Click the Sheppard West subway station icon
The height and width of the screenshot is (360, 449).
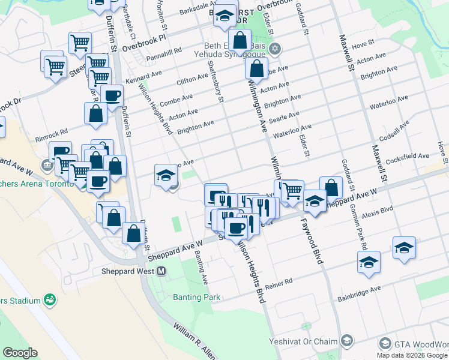[161, 271]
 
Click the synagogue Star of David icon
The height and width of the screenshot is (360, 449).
[276, 49]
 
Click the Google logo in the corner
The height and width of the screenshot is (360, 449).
[20, 353]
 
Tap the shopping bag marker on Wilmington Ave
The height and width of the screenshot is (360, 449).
[256, 69]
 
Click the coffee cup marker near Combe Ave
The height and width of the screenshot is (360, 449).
[111, 95]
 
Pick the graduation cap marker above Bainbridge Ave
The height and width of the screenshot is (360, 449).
[369, 262]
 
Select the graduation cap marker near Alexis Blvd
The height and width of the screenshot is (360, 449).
[405, 248]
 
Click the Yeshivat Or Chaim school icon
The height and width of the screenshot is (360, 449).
[346, 341]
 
